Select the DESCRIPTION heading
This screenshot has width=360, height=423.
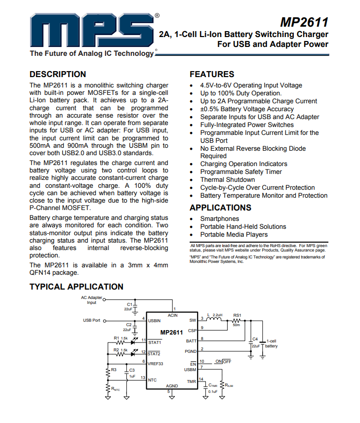pos(58,75)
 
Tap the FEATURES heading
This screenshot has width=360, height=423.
pos(212,75)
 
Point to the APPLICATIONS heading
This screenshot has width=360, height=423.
pos(220,208)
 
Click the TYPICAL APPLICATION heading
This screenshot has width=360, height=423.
pos(77,287)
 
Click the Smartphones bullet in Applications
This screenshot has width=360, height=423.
pos(219,219)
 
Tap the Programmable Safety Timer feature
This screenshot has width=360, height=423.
pos(241,172)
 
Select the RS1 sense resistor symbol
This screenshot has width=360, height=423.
pos(237,320)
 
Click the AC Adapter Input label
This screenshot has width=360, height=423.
pos(92,300)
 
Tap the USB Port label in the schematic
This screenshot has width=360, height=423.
pos(91,320)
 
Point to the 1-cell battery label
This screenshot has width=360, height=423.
pos(272,343)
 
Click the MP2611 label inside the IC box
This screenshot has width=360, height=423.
pos(171,333)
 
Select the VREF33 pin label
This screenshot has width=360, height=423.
pos(156,363)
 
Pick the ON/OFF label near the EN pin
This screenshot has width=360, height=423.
pos(223,362)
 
